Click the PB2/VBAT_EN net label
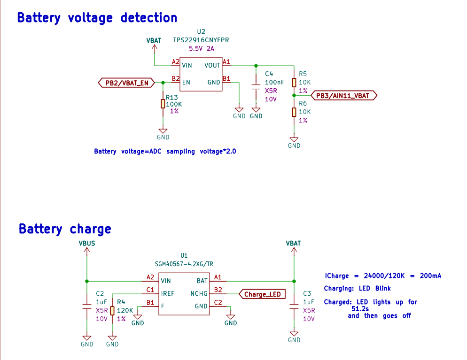click(126, 83)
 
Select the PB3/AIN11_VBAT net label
click(344, 95)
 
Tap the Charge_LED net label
click(262, 294)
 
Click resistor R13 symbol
click(163, 104)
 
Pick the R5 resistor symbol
click(294, 83)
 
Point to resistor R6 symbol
click(294, 112)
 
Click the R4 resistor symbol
click(112, 311)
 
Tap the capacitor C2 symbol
click(87, 306)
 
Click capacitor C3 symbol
click(294, 306)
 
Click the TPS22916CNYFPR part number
click(201, 40)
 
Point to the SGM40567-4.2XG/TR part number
click(184, 264)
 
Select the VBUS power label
click(87, 244)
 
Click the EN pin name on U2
click(186, 83)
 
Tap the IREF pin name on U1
click(167, 294)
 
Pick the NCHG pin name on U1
click(199, 294)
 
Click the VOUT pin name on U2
click(212, 65)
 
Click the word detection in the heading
click(148, 18)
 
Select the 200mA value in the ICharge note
click(430, 276)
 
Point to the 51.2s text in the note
click(360, 309)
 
